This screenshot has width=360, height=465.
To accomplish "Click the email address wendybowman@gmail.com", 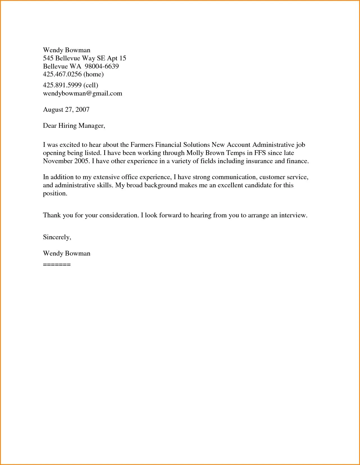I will click(x=82, y=94).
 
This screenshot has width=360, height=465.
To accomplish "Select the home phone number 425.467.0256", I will click(x=62, y=74).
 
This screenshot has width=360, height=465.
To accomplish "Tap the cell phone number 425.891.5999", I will click(x=62, y=85).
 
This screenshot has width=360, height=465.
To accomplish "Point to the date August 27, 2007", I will click(x=66, y=110).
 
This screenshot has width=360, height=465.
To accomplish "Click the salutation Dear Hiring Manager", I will click(x=74, y=126).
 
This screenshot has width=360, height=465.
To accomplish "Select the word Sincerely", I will click(x=57, y=237).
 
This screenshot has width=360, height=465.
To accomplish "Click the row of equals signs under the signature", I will click(x=57, y=265).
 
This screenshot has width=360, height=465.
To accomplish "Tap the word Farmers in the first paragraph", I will click(x=142, y=145).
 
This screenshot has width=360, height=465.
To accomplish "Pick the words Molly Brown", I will click(x=205, y=153).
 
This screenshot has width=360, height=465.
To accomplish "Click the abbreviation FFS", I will click(x=260, y=153).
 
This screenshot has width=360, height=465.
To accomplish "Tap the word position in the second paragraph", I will click(x=55, y=193).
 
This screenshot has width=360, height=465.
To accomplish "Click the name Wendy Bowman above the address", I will click(x=67, y=50).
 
